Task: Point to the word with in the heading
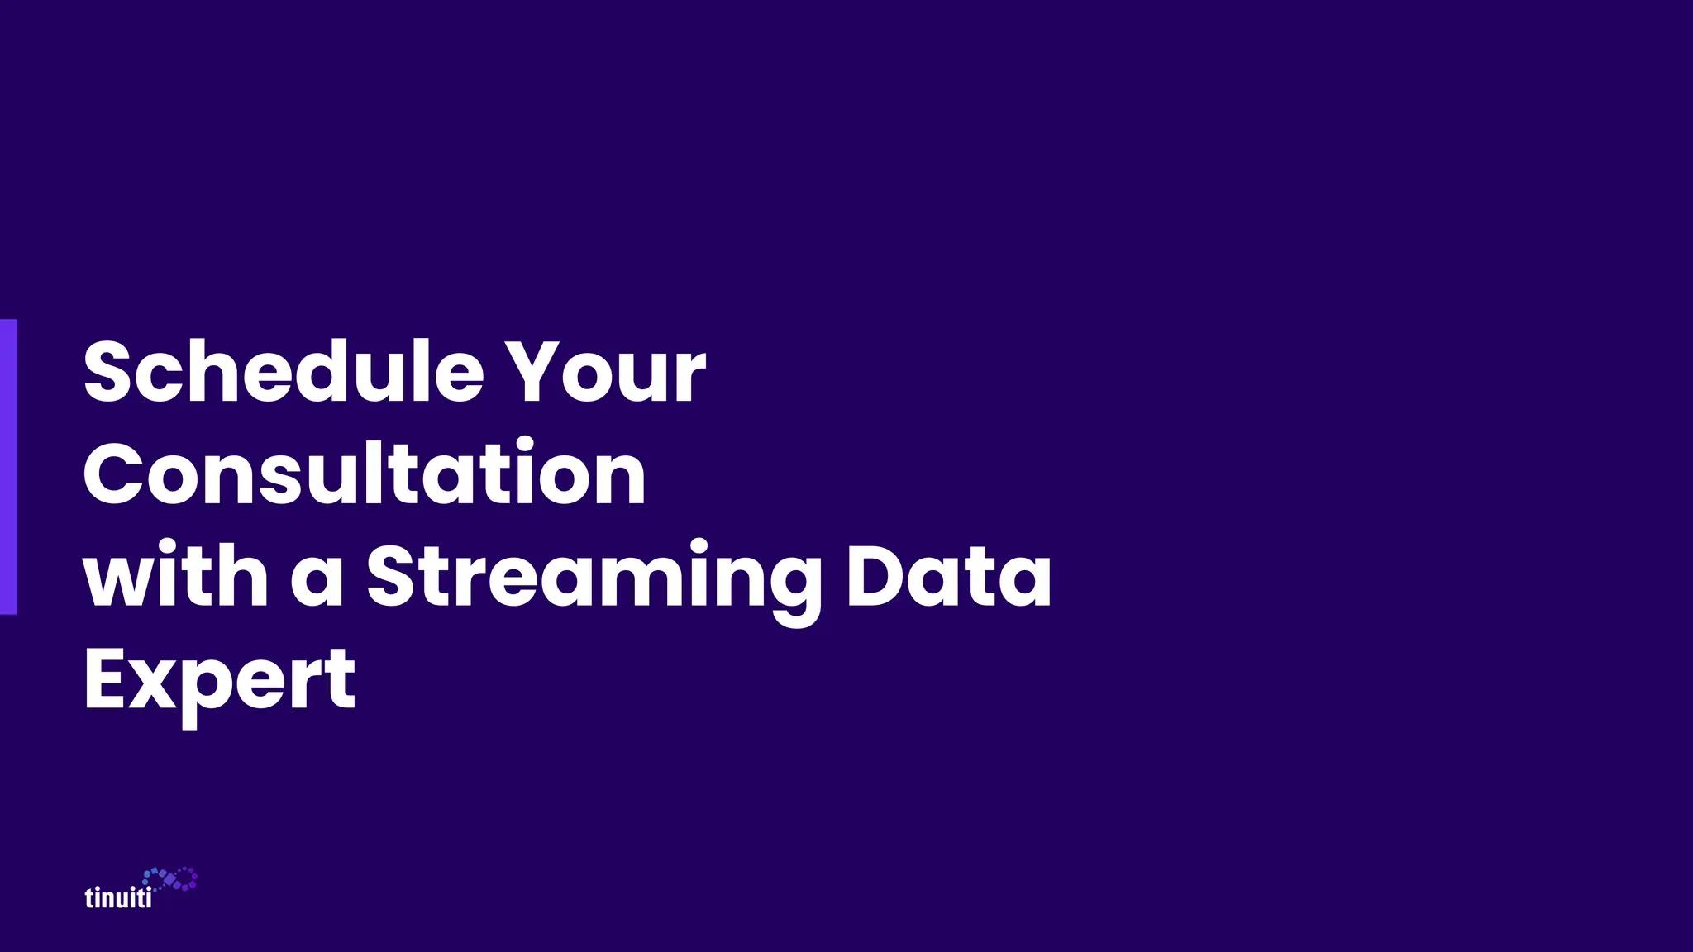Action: (175, 575)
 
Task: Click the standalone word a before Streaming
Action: (317, 578)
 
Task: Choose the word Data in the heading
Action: (948, 575)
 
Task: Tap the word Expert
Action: (220, 680)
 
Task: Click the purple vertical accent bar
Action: (8, 467)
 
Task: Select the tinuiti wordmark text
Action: (118, 897)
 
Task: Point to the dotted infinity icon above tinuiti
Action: (170, 879)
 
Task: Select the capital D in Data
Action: (880, 575)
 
